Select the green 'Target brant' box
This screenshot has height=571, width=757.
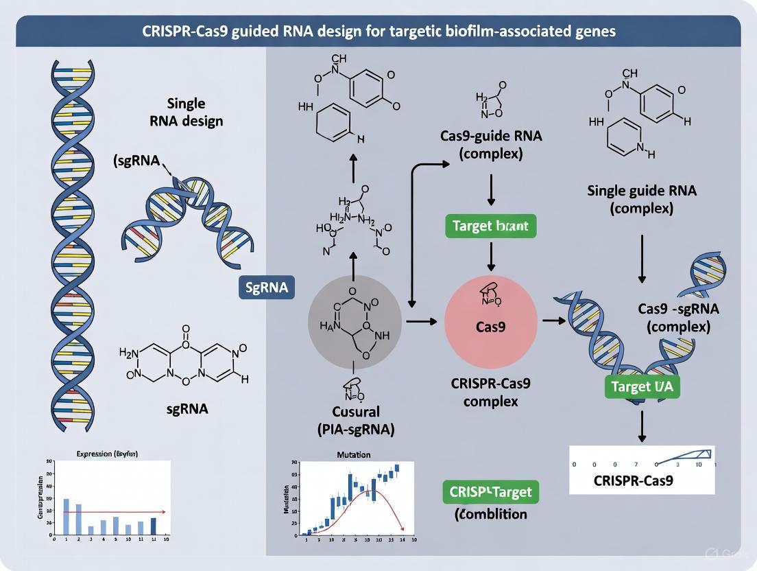tap(491, 226)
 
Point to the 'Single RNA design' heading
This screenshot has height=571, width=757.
tap(187, 112)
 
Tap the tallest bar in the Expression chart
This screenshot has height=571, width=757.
tap(67, 516)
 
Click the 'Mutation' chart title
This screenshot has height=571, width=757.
tap(354, 454)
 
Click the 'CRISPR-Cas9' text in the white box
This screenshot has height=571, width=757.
tap(632, 480)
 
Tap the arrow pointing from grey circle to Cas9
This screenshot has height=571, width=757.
tap(421, 321)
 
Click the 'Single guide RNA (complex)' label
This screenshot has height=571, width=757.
tap(642, 199)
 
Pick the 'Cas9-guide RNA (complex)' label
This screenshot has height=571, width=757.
tap(491, 144)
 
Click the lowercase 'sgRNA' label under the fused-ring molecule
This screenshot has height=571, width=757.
tap(187, 408)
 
